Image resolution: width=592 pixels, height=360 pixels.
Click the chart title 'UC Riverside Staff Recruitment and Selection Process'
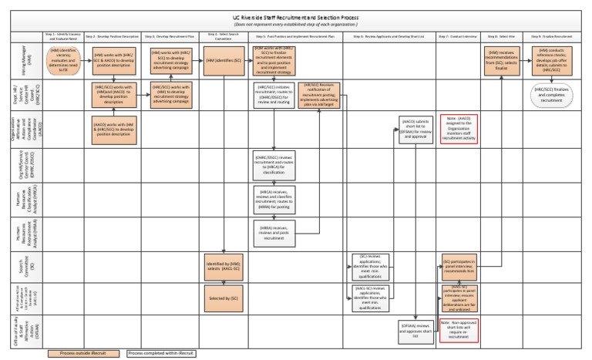point(295,18)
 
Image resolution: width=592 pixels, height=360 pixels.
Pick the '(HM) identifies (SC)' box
point(223,60)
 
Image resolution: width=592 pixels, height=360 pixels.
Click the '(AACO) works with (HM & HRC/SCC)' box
point(114,126)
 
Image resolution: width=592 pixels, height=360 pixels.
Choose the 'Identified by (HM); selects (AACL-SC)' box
point(223,266)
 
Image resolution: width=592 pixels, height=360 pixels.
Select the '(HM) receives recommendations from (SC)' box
point(506,60)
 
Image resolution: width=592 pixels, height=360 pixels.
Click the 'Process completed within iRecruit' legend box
point(161,353)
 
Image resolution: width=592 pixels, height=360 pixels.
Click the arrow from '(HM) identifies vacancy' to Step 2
point(87,59)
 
